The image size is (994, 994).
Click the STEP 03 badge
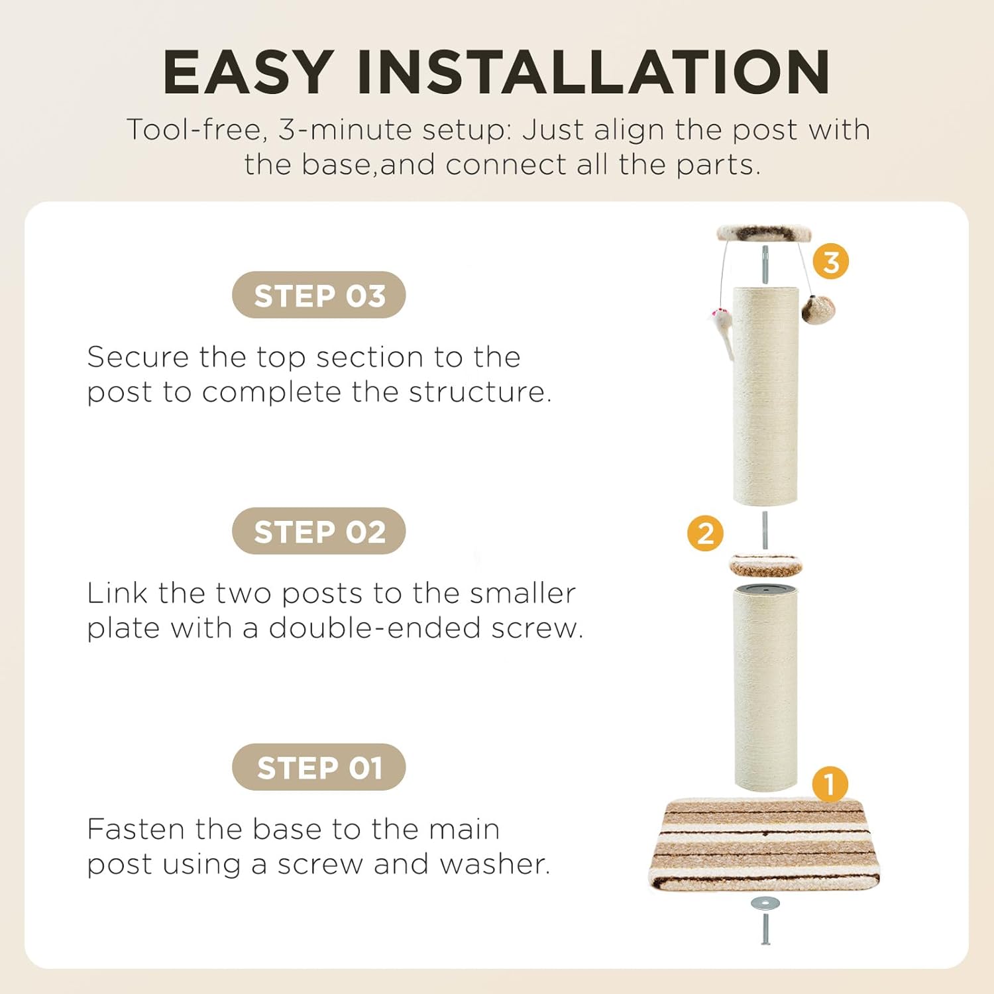click(319, 295)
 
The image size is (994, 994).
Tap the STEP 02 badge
click(319, 531)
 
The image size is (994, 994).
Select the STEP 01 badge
click(319, 767)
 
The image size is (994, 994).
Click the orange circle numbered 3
click(831, 261)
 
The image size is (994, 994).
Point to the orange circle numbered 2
click(706, 533)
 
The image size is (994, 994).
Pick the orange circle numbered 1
click(830, 785)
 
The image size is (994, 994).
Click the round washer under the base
click(765, 903)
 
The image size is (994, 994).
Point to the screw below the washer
click(765, 928)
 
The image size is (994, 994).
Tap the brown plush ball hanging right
click(818, 309)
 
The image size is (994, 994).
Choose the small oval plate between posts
click(765, 565)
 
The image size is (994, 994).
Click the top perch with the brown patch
click(765, 233)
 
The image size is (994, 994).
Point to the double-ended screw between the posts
click(765, 530)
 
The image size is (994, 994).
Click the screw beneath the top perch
click(765, 264)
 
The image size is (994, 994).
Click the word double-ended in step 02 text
click(374, 628)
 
